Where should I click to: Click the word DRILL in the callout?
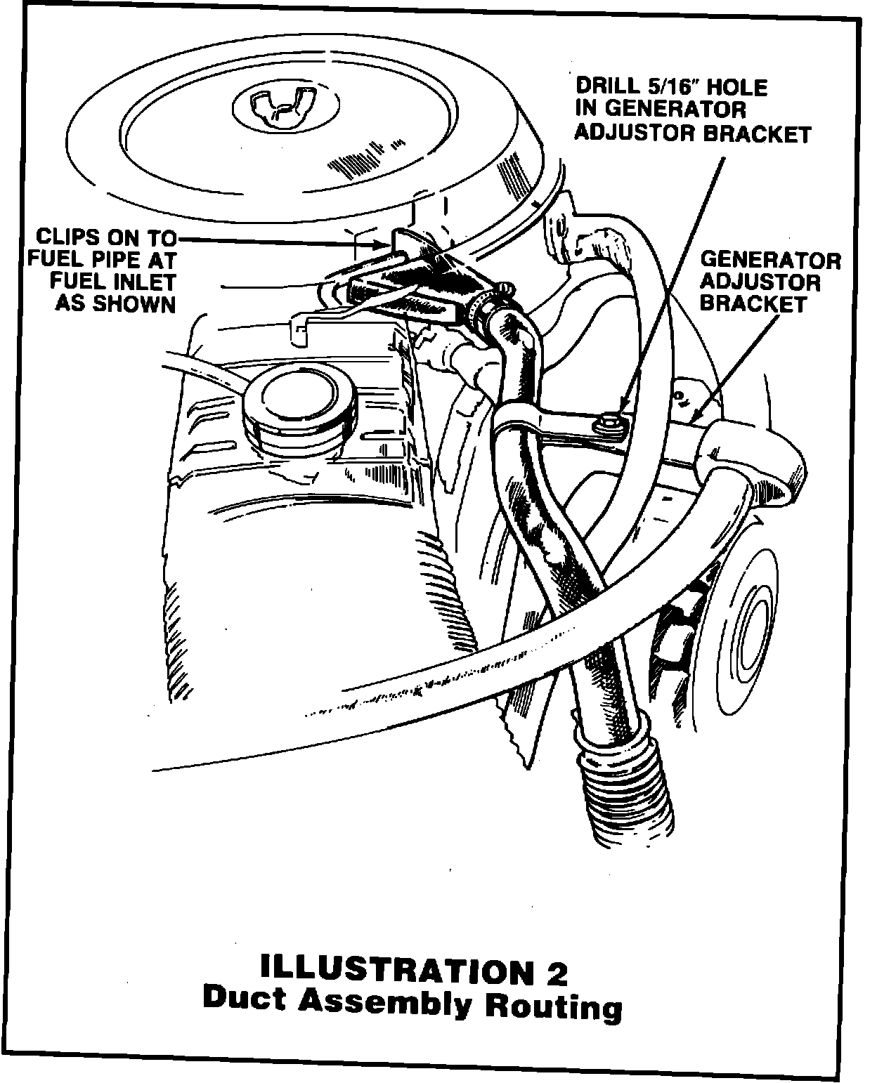609,87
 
